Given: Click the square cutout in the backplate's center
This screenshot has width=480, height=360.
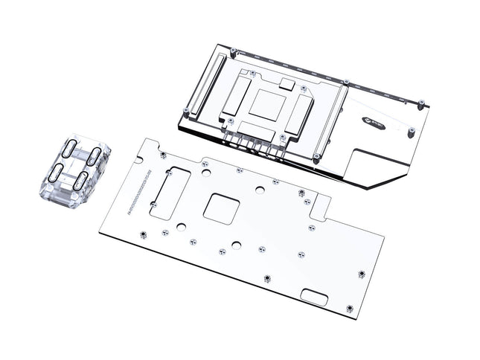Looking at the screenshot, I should pos(220,208).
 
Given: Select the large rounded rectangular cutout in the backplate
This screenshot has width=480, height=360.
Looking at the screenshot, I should pos(170,192).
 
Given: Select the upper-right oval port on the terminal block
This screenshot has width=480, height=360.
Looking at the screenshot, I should pos(95,156).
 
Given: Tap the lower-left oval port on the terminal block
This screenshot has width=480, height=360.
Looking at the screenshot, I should pos(57,173).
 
